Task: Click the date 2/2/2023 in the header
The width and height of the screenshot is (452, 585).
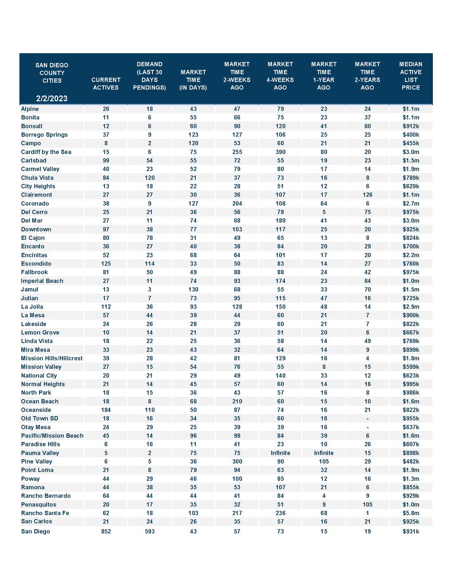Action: [52, 98]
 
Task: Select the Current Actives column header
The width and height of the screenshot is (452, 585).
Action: [106, 84]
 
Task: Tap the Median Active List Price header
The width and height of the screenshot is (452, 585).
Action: [410, 76]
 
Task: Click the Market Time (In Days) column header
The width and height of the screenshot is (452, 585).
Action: [193, 80]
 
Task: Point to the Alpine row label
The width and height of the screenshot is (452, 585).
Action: [30, 109]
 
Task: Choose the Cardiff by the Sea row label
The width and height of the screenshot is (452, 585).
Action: [46, 152]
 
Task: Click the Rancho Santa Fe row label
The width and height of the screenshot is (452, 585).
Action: [45, 513]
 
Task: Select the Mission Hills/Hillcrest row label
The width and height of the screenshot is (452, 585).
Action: [52, 359]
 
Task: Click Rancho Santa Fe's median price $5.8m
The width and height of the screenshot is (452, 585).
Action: [411, 513]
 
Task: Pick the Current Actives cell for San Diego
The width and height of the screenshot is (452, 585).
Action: [106, 531]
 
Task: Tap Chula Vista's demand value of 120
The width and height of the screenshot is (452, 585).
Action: [150, 178]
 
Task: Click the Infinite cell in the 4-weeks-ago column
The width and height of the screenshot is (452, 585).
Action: [281, 453]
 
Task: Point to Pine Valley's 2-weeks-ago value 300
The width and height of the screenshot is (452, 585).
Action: [237, 461]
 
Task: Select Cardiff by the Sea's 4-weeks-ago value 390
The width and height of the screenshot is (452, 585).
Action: [281, 152]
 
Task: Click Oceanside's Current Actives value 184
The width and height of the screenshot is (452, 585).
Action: [106, 410]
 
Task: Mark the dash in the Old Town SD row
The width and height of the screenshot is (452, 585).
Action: [367, 419]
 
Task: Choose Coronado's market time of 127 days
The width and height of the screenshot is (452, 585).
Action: [193, 204]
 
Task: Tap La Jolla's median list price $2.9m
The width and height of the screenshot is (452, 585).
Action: [411, 307]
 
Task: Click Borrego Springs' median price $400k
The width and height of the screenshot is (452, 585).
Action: [411, 135]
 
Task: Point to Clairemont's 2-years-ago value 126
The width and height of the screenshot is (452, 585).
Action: [367, 195]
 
